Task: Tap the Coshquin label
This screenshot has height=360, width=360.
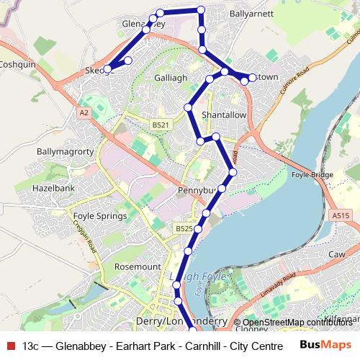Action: pyautogui.click(x=17, y=63)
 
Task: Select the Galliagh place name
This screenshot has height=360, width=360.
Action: pyautogui.click(x=171, y=77)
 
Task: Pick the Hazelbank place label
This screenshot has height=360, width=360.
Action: pyautogui.click(x=48, y=186)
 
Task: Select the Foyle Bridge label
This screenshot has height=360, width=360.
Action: pyautogui.click(x=312, y=175)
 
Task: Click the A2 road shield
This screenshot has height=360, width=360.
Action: pyautogui.click(x=84, y=113)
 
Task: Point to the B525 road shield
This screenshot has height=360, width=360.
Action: pyautogui.click(x=184, y=228)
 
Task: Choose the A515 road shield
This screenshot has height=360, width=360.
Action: pyautogui.click(x=341, y=215)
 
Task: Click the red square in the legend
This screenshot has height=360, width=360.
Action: pyautogui.click(x=9, y=345)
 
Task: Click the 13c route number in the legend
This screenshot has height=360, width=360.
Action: pyautogui.click(x=31, y=345)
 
